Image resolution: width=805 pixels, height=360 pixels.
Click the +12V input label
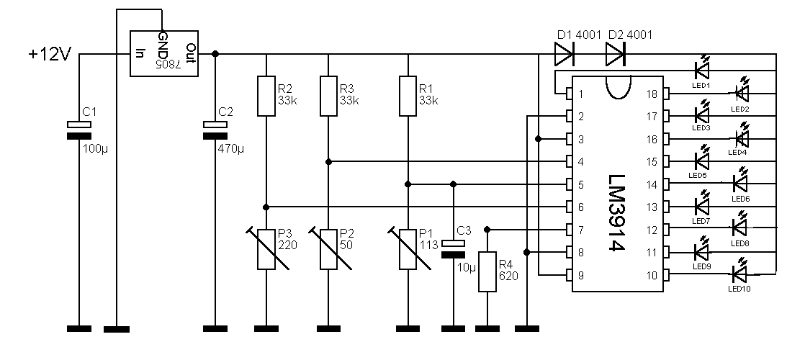tap(50, 54)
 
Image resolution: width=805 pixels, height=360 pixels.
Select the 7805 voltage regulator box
tap(163, 53)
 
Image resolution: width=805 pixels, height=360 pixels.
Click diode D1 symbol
tap(564, 54)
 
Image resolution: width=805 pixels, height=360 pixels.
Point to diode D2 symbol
tap(616, 54)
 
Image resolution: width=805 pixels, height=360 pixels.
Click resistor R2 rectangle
tap(266, 96)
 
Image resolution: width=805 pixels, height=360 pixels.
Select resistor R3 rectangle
tap(328, 96)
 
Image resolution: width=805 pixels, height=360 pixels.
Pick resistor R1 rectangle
tap(408, 96)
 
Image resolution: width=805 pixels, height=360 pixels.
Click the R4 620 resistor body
tap(487, 271)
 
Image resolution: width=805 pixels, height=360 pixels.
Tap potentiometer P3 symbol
tap(266, 249)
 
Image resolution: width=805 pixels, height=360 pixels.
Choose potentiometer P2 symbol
tap(328, 249)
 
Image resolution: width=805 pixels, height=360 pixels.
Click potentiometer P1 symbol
tap(408, 249)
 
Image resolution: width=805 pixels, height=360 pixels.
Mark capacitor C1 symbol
tap(79, 130)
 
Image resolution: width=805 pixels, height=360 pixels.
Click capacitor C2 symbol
tap(215, 130)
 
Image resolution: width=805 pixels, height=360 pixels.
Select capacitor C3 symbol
tap(453, 249)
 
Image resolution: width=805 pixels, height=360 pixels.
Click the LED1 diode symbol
tap(701, 70)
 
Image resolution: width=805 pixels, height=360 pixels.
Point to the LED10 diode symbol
tap(739, 274)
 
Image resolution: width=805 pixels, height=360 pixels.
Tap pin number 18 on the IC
tap(652, 94)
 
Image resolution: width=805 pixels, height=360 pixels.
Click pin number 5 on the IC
tap(580, 184)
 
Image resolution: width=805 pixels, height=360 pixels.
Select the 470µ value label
tap(231, 149)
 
